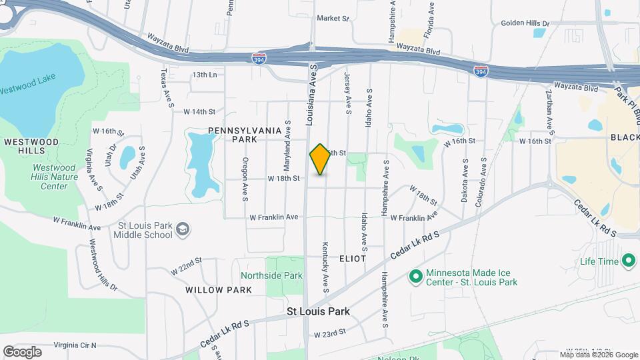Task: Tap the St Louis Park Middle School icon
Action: click(x=182, y=230)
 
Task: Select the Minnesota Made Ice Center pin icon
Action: click(x=417, y=275)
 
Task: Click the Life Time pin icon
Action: click(x=627, y=261)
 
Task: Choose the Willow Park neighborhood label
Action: click(x=219, y=289)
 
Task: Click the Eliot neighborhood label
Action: click(x=352, y=258)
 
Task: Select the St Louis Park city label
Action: click(x=318, y=311)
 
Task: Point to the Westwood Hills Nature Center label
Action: click(x=55, y=177)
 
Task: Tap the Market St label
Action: click(x=333, y=19)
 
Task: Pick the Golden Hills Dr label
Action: click(x=525, y=23)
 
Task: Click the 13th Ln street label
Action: click(x=205, y=75)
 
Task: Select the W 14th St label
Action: click(x=200, y=111)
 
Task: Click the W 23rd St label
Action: click(x=330, y=333)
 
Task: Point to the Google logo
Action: click(x=22, y=352)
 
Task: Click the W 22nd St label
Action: click(x=185, y=269)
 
